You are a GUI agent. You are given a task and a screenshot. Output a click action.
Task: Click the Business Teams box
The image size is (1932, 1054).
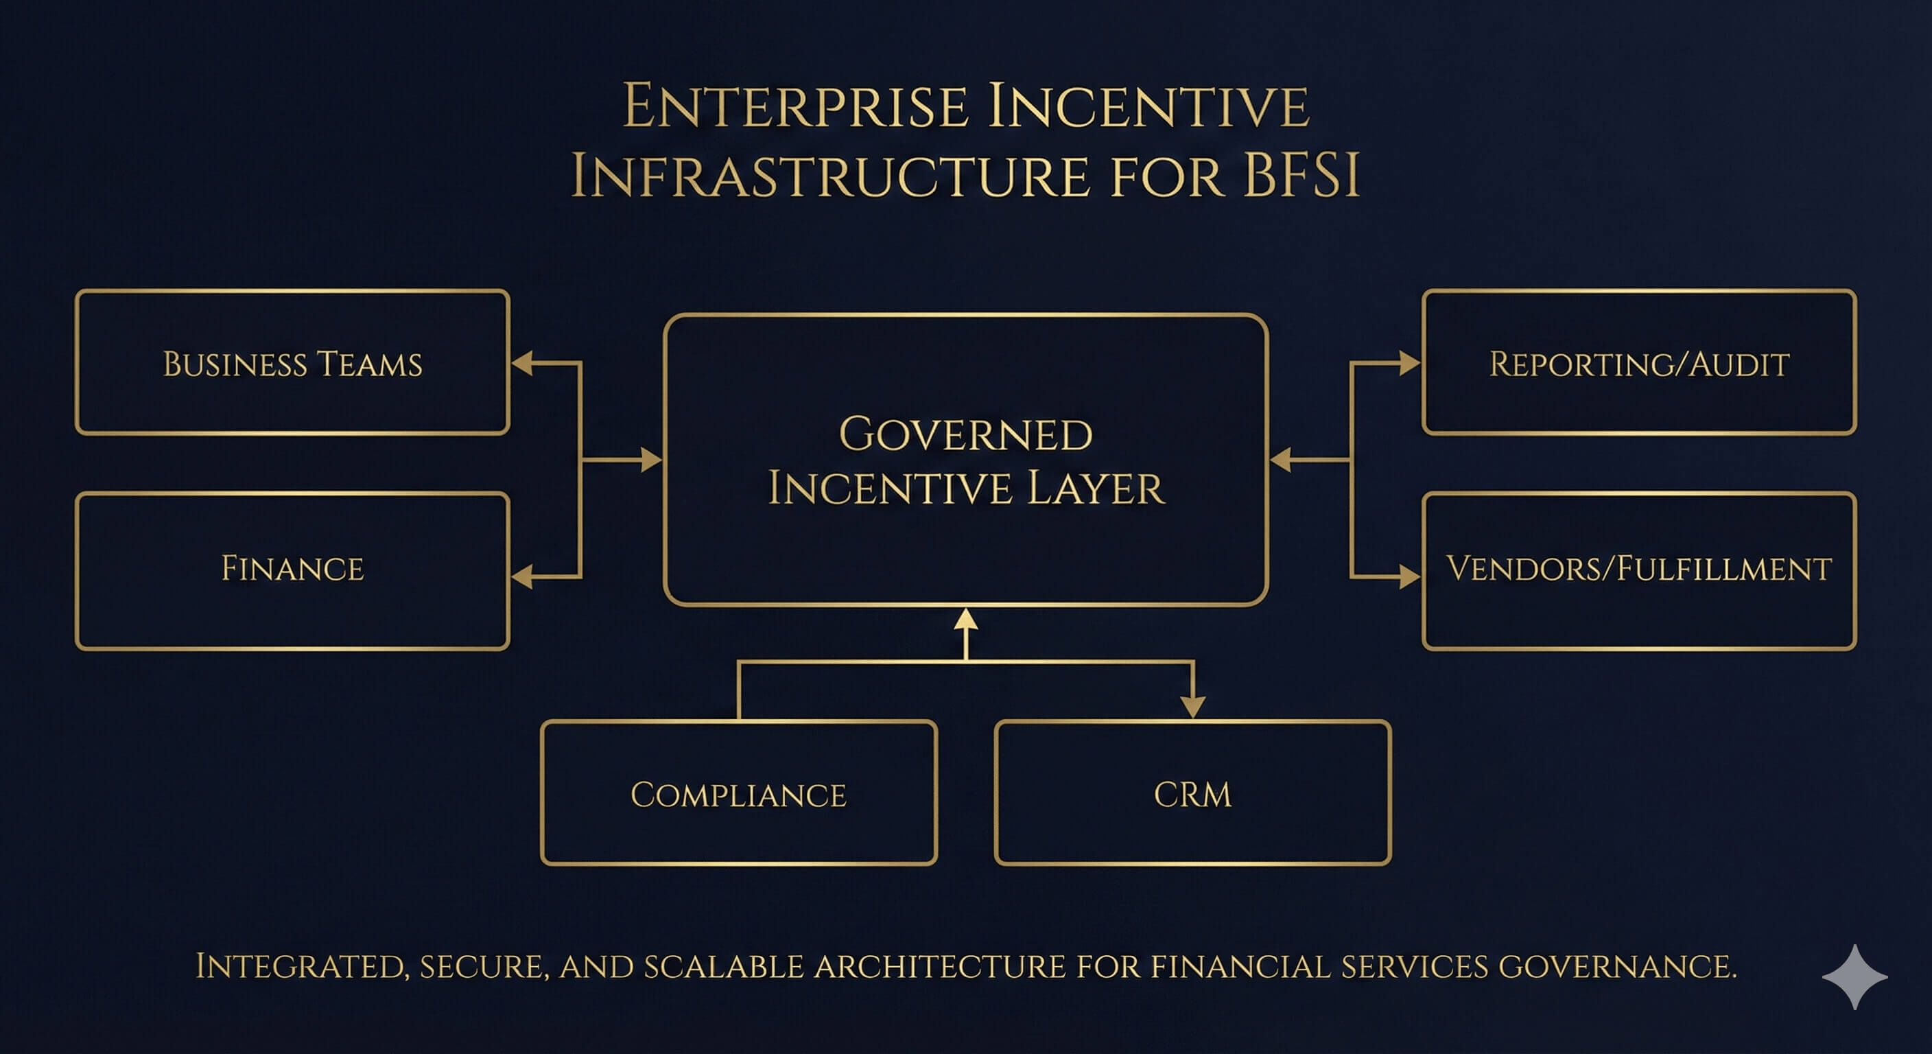[x=292, y=362]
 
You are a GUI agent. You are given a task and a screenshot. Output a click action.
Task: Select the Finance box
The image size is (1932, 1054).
[x=292, y=570]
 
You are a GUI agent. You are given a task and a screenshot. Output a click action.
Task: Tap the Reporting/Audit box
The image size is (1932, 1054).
[x=1639, y=362]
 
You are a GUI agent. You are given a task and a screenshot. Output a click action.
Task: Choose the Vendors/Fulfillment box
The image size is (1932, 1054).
[x=1639, y=570]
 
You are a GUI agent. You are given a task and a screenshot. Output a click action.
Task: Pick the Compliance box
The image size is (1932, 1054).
[x=739, y=793]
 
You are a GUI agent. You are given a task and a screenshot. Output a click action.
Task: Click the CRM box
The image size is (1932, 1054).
[x=1192, y=793]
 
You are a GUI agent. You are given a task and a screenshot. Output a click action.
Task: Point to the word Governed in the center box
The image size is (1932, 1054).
[x=965, y=434]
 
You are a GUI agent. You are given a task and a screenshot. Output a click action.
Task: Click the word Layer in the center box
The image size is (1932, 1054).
[x=1095, y=489]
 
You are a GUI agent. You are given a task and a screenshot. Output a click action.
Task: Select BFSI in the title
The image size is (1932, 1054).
[x=1301, y=177]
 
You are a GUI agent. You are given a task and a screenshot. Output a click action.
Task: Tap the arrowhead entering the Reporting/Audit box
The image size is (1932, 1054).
[x=1409, y=363]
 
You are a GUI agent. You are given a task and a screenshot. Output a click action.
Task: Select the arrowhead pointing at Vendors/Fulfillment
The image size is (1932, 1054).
[x=1409, y=576]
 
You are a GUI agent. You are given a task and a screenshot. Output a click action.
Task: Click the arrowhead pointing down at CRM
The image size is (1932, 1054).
[x=1192, y=706]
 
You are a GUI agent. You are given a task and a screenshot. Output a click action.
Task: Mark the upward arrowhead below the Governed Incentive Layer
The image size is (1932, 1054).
[x=965, y=620]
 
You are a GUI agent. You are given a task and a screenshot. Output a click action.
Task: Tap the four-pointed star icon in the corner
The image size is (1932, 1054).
[x=1854, y=976]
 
